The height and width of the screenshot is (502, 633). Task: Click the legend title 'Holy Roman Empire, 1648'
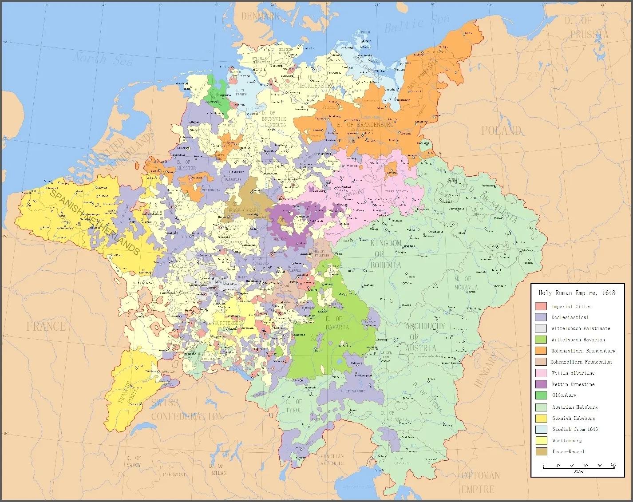[577, 293]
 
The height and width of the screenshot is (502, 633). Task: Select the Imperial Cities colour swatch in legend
[541, 306]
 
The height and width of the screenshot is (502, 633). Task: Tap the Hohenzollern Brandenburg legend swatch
[541, 351]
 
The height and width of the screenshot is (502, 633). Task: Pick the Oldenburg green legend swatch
[541, 395]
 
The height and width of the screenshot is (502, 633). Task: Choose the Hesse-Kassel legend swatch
[541, 451]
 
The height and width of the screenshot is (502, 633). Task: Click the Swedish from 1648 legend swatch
[541, 429]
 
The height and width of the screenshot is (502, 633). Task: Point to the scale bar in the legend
[578, 466]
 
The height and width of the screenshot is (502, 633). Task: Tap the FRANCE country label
[46, 327]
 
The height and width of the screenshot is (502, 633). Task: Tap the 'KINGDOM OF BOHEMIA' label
[385, 254]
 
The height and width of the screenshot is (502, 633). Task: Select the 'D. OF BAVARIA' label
[337, 323]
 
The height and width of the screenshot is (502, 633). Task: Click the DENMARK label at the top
[261, 16]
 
